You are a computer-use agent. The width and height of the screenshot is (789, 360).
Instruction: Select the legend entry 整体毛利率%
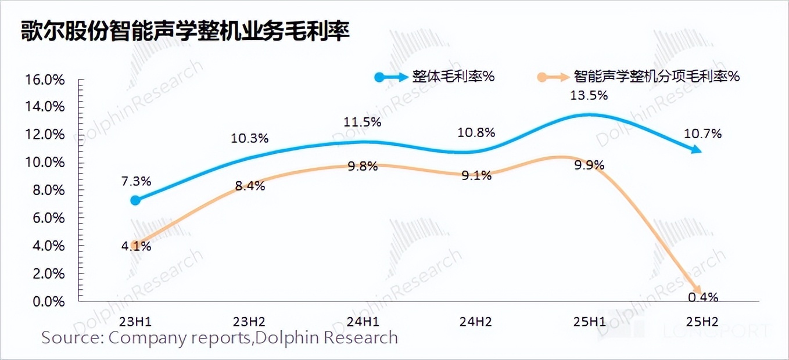[453, 77]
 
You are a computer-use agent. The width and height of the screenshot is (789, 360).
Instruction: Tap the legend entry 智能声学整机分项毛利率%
[656, 77]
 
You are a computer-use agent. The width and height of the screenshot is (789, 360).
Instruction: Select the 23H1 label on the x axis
[135, 321]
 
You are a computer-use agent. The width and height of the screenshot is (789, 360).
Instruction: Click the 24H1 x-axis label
[362, 321]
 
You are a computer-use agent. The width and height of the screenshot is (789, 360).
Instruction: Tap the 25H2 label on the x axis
[702, 321]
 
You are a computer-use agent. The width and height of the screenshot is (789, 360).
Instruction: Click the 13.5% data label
[589, 96]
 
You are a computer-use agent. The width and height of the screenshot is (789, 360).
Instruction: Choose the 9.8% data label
[362, 166]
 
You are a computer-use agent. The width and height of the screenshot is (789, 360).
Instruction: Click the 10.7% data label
[702, 134]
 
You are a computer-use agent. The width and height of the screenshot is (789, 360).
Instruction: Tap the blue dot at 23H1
[135, 200]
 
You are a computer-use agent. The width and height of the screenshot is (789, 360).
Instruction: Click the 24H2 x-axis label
[475, 321]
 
